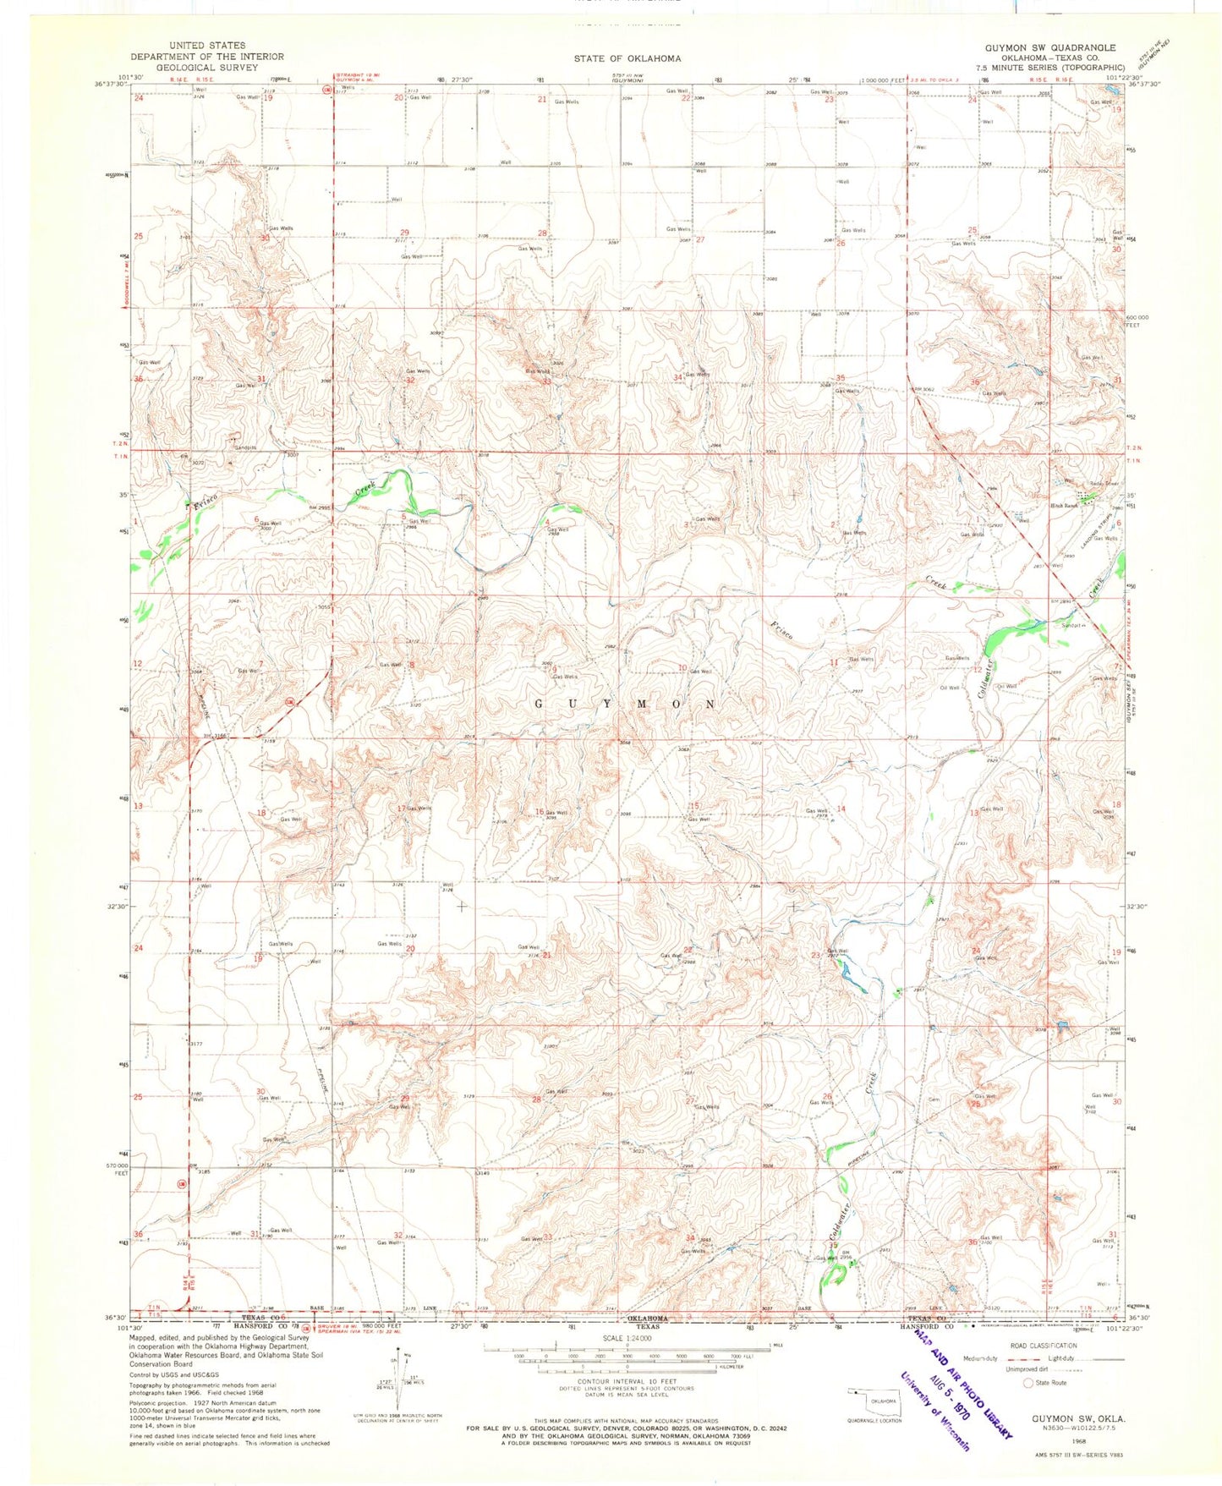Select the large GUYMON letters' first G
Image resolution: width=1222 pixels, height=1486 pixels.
[x=541, y=704]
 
